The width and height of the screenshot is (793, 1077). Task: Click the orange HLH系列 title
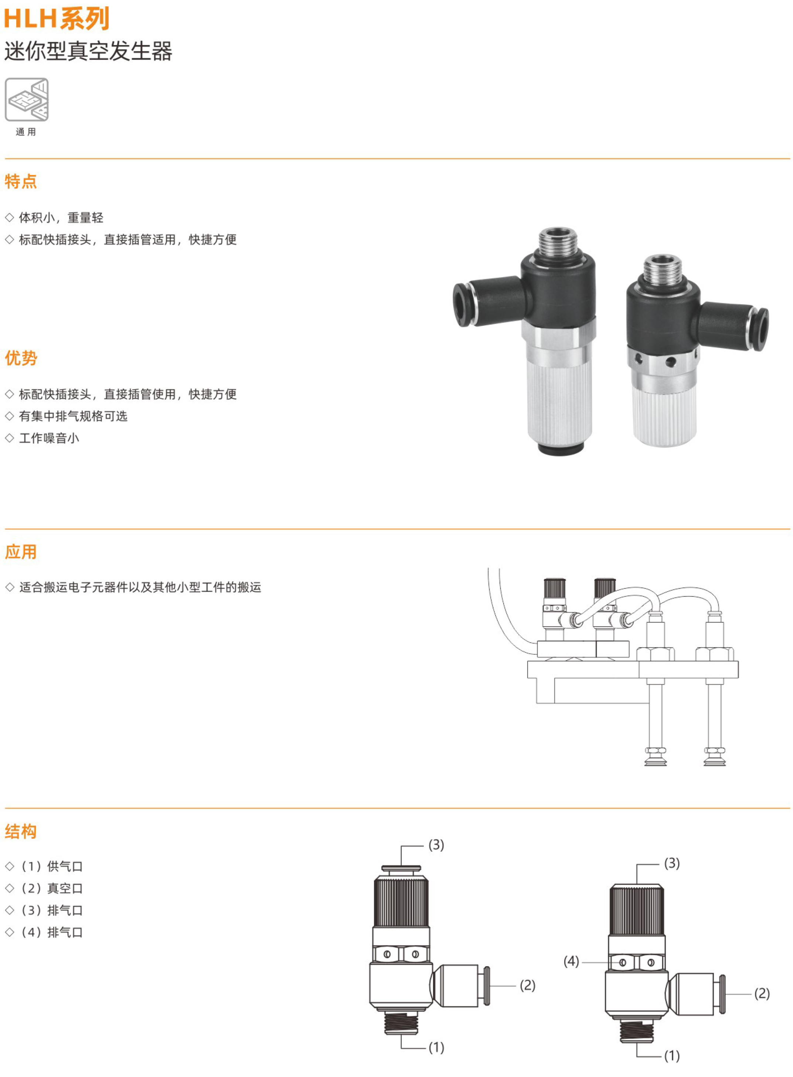(x=57, y=19)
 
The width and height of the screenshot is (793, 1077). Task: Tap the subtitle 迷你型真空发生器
(x=88, y=51)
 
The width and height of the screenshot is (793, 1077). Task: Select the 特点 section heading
(x=21, y=181)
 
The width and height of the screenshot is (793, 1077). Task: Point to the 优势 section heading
(x=21, y=358)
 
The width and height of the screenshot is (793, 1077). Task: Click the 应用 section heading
(x=21, y=552)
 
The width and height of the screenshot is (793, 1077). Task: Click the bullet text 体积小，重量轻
(x=61, y=218)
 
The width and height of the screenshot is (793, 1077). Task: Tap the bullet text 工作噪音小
(x=49, y=438)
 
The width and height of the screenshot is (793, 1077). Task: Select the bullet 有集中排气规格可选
(x=73, y=416)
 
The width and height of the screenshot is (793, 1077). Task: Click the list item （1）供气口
(x=51, y=866)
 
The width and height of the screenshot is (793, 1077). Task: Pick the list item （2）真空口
(x=51, y=888)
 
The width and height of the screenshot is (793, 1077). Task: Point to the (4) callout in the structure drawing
(x=571, y=961)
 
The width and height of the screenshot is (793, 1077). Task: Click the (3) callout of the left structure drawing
(x=436, y=845)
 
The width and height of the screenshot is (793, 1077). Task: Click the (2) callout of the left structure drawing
(x=528, y=985)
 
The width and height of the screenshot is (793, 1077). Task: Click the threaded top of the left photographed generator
(x=558, y=241)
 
